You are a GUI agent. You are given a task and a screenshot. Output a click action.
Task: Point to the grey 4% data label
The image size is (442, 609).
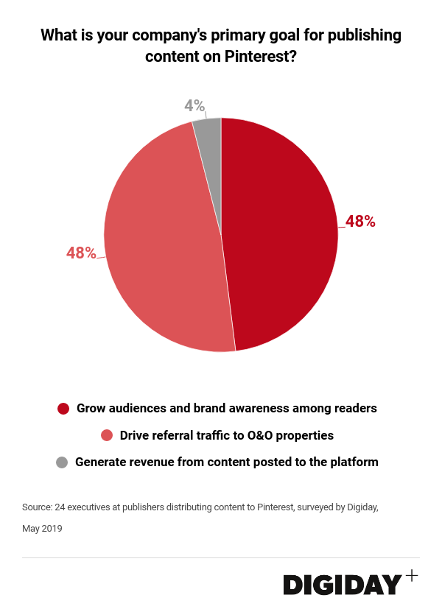pyautogui.click(x=194, y=106)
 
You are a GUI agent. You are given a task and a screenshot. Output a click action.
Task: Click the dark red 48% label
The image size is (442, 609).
pyautogui.click(x=360, y=221)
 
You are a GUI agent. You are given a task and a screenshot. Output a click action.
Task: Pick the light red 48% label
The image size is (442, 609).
pyautogui.click(x=81, y=253)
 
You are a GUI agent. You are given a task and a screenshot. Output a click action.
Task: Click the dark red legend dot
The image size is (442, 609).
pyautogui.click(x=63, y=408)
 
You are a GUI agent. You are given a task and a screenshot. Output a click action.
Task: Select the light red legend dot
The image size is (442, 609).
pyautogui.click(x=107, y=435)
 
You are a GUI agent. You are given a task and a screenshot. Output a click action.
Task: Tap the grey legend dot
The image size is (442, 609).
pyautogui.click(x=62, y=462)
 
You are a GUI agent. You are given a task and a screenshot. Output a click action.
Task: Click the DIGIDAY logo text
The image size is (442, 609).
pyautogui.click(x=343, y=584)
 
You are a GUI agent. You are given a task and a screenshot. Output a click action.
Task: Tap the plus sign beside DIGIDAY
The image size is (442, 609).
pyautogui.click(x=411, y=575)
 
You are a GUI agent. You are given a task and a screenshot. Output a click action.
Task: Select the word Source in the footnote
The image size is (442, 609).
pyautogui.click(x=37, y=507)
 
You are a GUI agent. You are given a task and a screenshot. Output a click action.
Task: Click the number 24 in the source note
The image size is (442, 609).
pyautogui.click(x=61, y=507)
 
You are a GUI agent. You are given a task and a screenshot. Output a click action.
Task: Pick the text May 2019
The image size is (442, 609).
pyautogui.click(x=42, y=528)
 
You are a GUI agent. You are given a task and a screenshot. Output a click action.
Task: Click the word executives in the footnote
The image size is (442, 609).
pyautogui.click(x=95, y=507)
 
